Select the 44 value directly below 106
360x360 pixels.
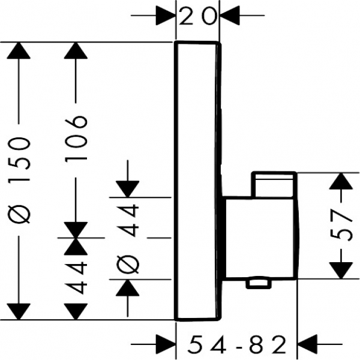[x=77, y=276]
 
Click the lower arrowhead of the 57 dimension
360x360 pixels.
[x=341, y=269]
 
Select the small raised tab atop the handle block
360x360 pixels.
[x=274, y=185]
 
